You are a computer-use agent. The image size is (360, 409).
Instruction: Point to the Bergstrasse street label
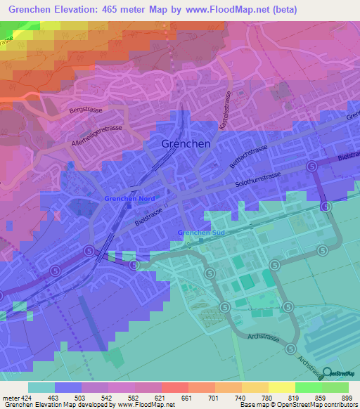pos(86,111)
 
